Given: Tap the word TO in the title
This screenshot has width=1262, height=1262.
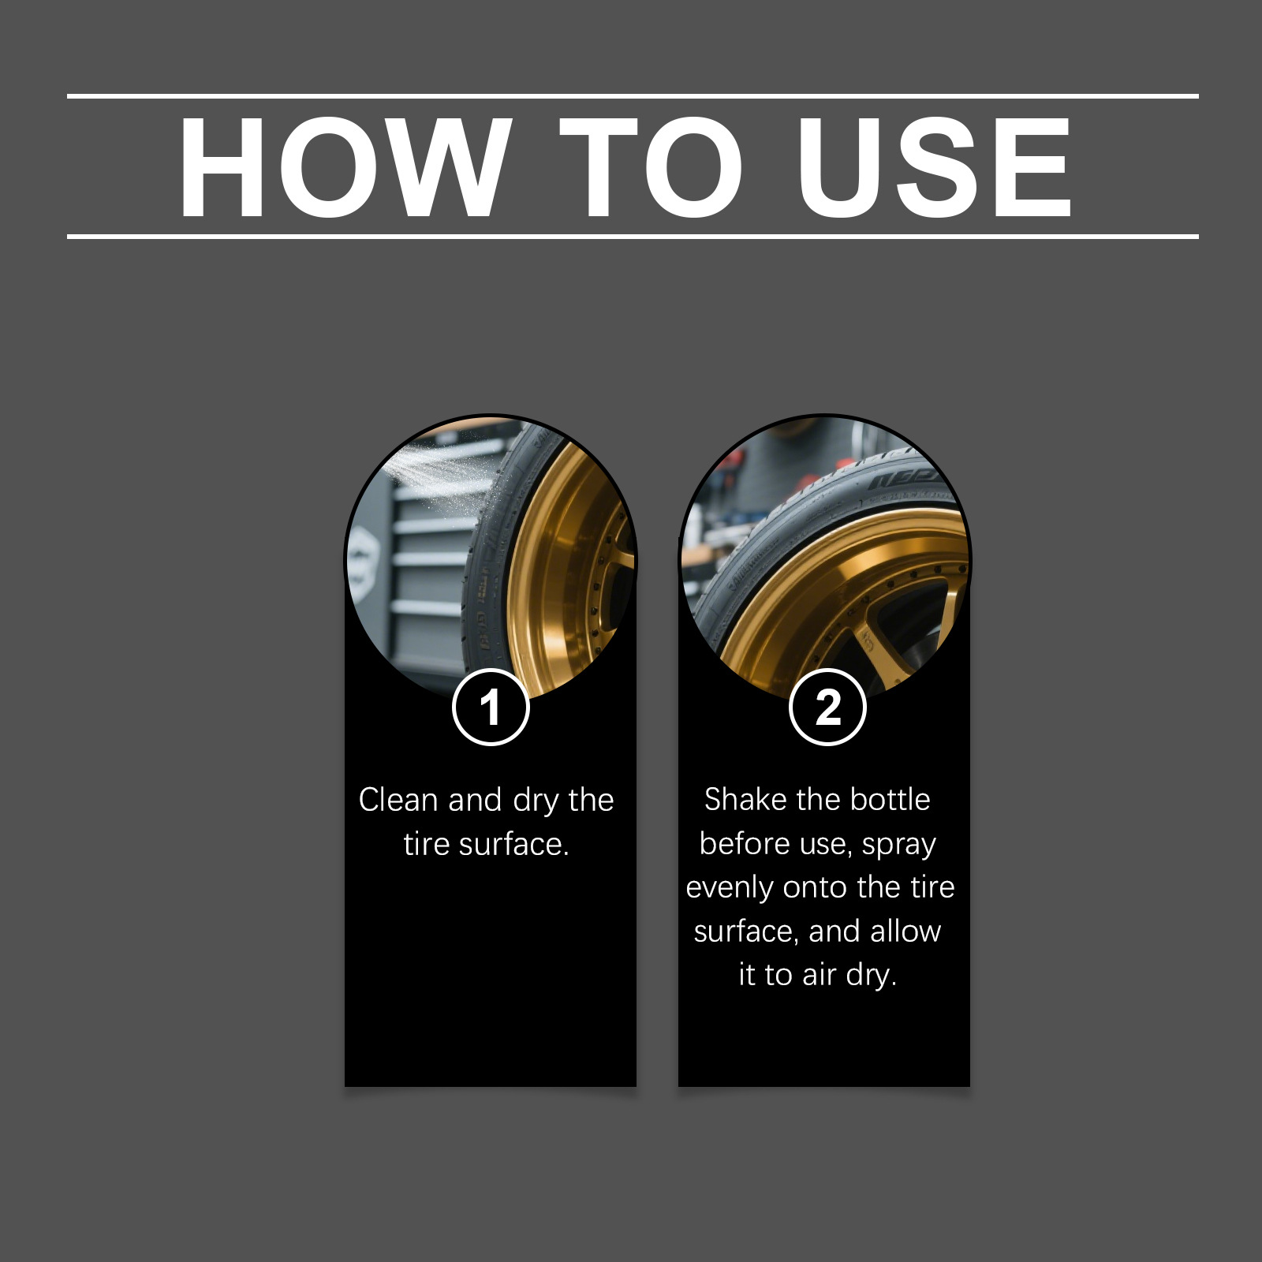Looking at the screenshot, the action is point(652,166).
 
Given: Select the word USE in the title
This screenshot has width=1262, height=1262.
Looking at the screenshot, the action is point(933,166).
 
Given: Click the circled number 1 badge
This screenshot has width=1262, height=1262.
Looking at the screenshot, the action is point(491,707).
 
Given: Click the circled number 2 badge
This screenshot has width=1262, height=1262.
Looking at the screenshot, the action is point(827,707).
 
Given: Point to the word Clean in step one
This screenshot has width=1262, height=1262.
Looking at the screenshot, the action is point(398,800).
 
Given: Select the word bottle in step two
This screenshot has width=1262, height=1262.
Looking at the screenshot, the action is point(890,799).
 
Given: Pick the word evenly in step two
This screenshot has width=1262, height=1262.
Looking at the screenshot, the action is point(730,889).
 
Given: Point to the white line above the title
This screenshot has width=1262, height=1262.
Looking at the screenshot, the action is point(633,96).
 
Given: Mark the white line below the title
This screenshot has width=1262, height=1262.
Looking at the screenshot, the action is point(633,236).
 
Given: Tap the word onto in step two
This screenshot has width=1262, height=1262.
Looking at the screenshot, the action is point(816,888).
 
